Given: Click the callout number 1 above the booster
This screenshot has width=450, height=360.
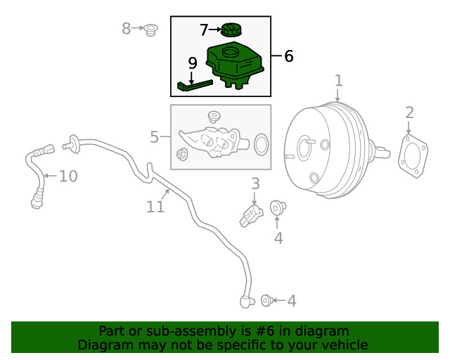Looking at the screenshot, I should coord(338,81).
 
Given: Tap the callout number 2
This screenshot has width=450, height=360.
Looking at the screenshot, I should coord(409,112).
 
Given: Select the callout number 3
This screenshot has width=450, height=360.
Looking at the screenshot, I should coord(255,184).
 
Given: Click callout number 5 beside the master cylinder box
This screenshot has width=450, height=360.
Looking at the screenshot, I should coord(155,136).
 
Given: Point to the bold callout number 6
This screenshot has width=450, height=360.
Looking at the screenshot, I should coord(288,56).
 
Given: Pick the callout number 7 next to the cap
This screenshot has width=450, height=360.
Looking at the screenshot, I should coord(204,30).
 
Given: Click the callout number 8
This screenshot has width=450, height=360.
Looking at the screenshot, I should coord(127,29).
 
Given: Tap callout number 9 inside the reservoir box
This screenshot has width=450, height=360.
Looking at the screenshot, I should coord(193,63).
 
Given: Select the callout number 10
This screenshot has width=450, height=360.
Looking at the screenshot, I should coord(68,176).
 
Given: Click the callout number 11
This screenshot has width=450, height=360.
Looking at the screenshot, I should coord(155,207).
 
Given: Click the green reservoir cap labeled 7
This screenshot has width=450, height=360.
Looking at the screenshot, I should coord(230,30).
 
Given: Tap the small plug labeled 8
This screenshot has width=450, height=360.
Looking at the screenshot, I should coord(150,30).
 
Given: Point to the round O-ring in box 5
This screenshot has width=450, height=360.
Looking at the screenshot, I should coord(260,144).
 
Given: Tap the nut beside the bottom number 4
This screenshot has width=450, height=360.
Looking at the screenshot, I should coord(267,301).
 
